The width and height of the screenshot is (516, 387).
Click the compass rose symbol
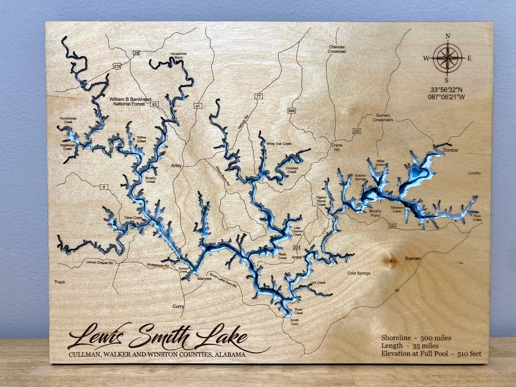(x=448, y=58)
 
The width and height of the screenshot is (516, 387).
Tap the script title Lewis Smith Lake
(x=158, y=337)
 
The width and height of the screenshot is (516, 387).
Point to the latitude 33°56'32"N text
(x=448, y=90)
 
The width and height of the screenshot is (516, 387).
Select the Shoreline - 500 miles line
(x=416, y=338)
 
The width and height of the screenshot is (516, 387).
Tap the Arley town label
(x=177, y=166)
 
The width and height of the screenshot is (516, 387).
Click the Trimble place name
(x=450, y=150)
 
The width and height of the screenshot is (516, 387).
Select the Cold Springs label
(x=359, y=273)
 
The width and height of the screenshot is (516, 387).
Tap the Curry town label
(x=178, y=306)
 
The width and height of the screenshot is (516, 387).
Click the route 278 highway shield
(x=117, y=66)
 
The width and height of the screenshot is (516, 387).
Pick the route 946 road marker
(x=292, y=111)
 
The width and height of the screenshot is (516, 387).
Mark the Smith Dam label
(x=295, y=322)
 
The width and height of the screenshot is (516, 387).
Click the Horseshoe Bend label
(x=177, y=55)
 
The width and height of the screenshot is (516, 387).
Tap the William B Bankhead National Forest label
(x=127, y=102)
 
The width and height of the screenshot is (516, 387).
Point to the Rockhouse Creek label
(x=67, y=120)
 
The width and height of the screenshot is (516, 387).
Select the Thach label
(x=60, y=282)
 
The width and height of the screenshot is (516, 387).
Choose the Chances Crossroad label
(x=336, y=49)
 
